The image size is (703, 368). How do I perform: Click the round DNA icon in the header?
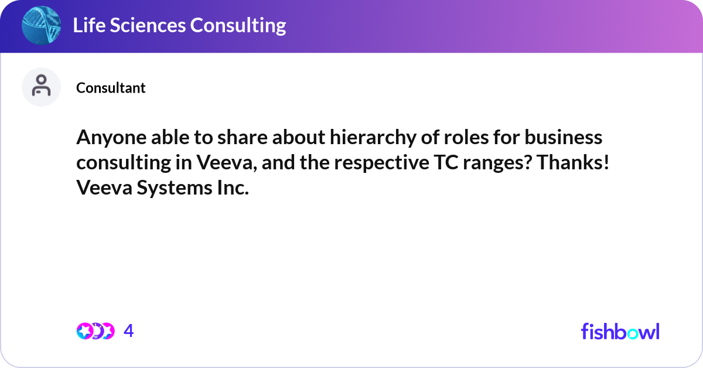pyautogui.click(x=41, y=26)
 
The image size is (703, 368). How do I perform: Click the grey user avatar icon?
pyautogui.click(x=41, y=87)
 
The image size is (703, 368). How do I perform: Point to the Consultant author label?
pyautogui.click(x=111, y=88)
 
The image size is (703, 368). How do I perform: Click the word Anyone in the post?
pyautogui.click(x=104, y=137)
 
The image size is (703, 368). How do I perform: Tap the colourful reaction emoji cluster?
pyautogui.click(x=95, y=331)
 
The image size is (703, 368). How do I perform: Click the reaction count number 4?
pyautogui.click(x=129, y=331)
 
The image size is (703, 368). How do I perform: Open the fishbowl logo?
pyautogui.click(x=620, y=331)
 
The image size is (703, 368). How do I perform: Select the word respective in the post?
pyautogui.click(x=360, y=163)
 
